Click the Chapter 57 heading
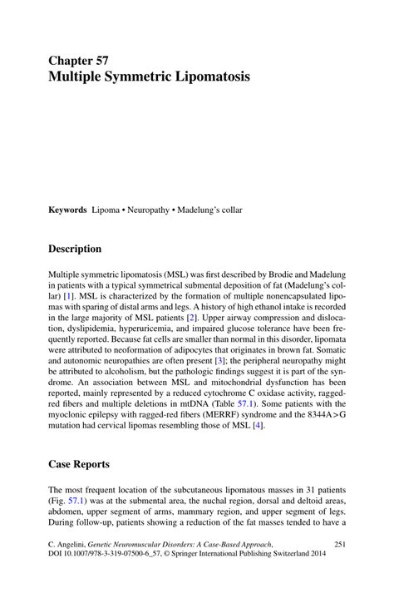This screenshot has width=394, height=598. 77,61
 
